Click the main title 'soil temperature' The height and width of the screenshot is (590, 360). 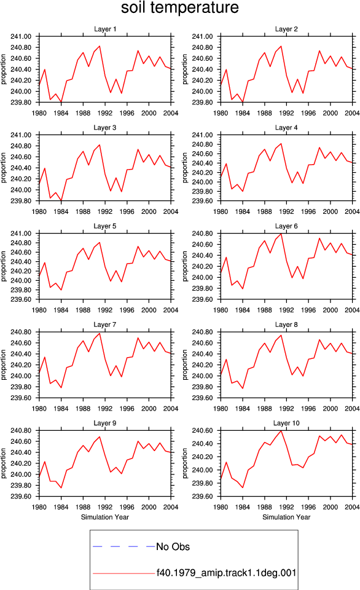pyautogui.click(x=180, y=7)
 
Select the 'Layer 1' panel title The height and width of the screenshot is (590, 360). pyautogui.click(x=105, y=29)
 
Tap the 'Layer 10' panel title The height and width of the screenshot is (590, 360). pyautogui.click(x=286, y=423)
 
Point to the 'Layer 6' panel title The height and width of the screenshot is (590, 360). pyautogui.click(x=286, y=226)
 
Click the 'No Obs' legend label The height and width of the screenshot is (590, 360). pyautogui.click(x=173, y=546)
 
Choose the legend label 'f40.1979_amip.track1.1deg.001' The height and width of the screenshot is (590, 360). pyautogui.click(x=227, y=573)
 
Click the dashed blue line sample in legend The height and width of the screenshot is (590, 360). pyautogui.click(x=123, y=546)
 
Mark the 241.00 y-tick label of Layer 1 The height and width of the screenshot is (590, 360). pyautogui.click(x=21, y=36)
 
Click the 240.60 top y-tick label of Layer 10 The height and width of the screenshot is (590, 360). pyautogui.click(x=202, y=430)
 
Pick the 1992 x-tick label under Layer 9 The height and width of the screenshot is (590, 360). pyautogui.click(x=105, y=507)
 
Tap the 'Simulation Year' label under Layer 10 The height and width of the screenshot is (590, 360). pyautogui.click(x=286, y=517)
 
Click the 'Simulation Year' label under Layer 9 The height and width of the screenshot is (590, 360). pyautogui.click(x=105, y=517)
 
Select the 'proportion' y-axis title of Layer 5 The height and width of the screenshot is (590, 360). pyautogui.click(x=4, y=266)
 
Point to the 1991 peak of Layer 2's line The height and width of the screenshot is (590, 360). pyautogui.click(x=281, y=46)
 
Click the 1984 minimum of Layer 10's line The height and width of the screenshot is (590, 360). pyautogui.click(x=243, y=487)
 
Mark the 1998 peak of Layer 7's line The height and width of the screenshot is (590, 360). pyautogui.click(x=138, y=337)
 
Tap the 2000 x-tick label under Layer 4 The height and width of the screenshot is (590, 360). pyautogui.click(x=331, y=211)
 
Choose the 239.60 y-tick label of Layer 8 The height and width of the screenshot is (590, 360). pyautogui.click(x=202, y=398)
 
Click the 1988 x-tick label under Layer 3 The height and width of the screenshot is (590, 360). pyautogui.click(x=83, y=211)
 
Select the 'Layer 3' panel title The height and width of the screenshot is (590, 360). pyautogui.click(x=105, y=128)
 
